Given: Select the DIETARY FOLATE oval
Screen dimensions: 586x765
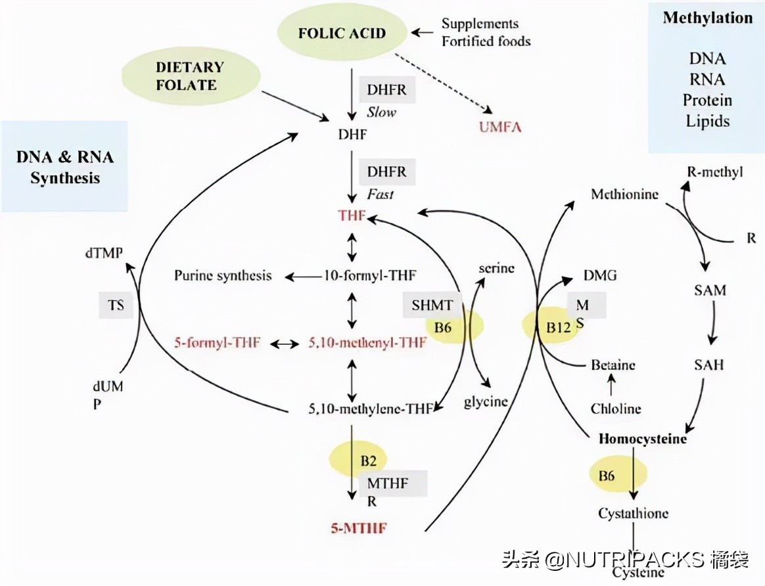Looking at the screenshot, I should [x=190, y=76].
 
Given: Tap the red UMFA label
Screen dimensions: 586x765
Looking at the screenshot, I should [x=500, y=127].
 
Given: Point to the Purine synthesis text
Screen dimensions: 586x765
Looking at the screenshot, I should [x=223, y=275].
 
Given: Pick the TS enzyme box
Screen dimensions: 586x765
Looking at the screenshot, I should [x=116, y=305].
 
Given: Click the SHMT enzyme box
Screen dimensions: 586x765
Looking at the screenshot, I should [x=432, y=304].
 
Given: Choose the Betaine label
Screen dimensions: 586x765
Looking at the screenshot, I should [x=613, y=365].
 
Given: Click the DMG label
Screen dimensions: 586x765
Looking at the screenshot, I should [x=599, y=275].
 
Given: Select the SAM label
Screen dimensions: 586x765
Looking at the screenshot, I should [x=710, y=290].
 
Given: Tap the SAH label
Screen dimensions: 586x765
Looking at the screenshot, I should [x=708, y=363].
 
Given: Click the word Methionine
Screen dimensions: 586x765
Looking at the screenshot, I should [x=624, y=194].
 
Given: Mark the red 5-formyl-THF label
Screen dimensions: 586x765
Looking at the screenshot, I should [x=218, y=342].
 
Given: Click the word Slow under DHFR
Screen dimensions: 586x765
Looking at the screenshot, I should [x=382, y=112].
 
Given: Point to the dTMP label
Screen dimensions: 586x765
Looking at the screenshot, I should [x=103, y=252].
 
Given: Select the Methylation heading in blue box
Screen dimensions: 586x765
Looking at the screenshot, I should [x=707, y=18].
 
